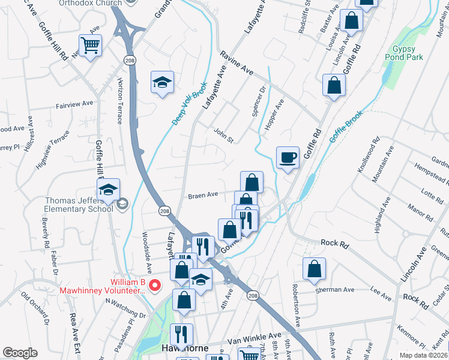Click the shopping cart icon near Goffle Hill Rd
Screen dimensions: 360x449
pos(90,45)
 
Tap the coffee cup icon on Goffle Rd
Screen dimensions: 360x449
pos(288,158)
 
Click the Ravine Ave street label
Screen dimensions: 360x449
pos(237,63)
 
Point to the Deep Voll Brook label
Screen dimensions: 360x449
pos(190,103)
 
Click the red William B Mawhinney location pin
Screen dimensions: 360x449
pos(155,286)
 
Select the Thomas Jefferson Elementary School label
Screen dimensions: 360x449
pos(78,205)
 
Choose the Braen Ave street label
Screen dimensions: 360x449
pos(203,195)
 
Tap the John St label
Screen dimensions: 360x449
pos(223,136)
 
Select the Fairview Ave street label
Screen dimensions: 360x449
pos(74,103)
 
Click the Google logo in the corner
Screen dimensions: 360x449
pos(20,353)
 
